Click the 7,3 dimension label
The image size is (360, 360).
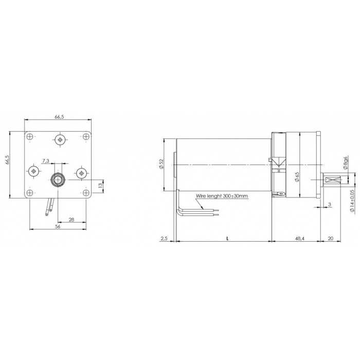[x=46, y=160]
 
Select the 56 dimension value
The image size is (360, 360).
[x=58, y=226]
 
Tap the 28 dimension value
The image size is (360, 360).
[x=71, y=220]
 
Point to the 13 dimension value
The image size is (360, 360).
[x=100, y=186]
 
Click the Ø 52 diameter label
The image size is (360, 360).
[x=161, y=164]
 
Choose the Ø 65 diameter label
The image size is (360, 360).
[x=297, y=177]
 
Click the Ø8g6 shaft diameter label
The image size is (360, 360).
[x=346, y=163]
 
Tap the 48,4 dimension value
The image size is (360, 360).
[x=300, y=239]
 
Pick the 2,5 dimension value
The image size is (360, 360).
[x=164, y=239]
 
